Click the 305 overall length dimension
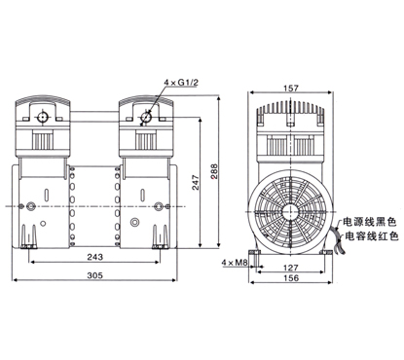95,275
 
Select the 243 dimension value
95,257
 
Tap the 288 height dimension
214,171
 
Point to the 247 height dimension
195,183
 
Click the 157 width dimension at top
291,88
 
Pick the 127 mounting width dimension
290,268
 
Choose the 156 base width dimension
291,278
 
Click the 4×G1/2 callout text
181,83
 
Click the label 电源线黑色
370,222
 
